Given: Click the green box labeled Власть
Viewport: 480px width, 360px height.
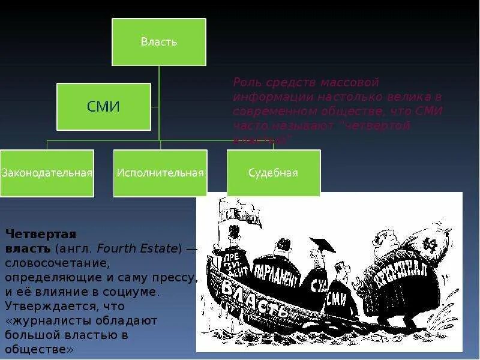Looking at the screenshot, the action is tap(159, 42).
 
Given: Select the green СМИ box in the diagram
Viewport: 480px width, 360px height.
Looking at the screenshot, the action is tap(103, 107).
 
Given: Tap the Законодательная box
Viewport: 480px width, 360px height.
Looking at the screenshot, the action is tap(47, 173).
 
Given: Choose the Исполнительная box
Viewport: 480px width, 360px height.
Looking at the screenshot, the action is tap(160, 173).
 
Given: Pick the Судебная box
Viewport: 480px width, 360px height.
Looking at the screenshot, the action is tap(274, 173).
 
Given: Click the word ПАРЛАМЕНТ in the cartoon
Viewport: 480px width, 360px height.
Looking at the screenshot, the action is tap(277, 275).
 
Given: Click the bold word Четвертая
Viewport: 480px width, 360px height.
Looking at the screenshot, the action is tap(41, 233).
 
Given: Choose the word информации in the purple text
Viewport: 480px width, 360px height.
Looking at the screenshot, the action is tap(264, 97).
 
